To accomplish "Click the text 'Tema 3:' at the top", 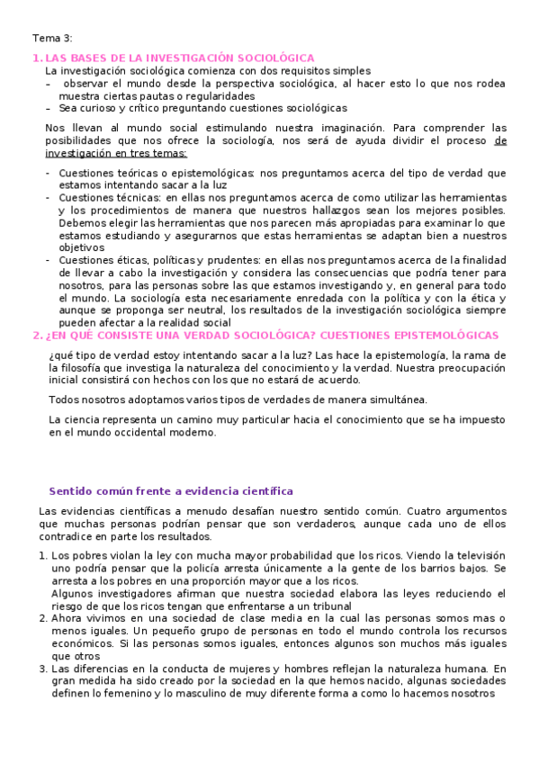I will pos(52,38).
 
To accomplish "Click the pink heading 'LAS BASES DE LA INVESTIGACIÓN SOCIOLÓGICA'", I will pos(180,58).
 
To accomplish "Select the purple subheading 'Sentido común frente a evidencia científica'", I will pos(171,491).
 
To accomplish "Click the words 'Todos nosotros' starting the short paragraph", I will pos(83,399).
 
